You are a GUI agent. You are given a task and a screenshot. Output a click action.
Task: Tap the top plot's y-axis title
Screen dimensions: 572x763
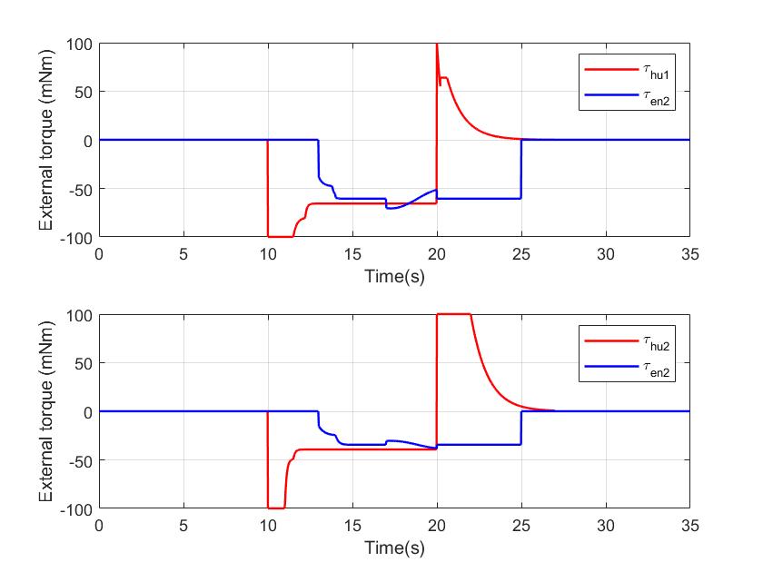click(46, 139)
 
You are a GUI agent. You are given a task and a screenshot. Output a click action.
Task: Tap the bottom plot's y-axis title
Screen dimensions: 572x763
click(46, 410)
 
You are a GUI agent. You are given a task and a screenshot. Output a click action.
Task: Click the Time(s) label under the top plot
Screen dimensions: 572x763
click(394, 275)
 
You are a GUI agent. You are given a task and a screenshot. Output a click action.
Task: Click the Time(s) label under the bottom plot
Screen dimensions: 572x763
click(394, 547)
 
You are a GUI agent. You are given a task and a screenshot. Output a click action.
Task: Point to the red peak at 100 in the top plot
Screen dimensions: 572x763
click(437, 44)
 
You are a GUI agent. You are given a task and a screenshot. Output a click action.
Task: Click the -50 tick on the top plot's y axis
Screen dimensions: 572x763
click(79, 189)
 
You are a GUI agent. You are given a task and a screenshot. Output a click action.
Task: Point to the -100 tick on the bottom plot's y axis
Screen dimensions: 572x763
click(76, 508)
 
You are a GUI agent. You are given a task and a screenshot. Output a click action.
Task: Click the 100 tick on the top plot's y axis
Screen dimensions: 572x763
click(81, 44)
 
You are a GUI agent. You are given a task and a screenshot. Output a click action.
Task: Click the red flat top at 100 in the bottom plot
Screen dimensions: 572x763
click(453, 314)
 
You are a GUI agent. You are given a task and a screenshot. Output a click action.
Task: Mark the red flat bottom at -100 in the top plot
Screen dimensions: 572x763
click(280, 236)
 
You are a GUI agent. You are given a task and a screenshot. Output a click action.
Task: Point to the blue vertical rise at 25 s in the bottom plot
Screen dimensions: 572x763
click(521, 428)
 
